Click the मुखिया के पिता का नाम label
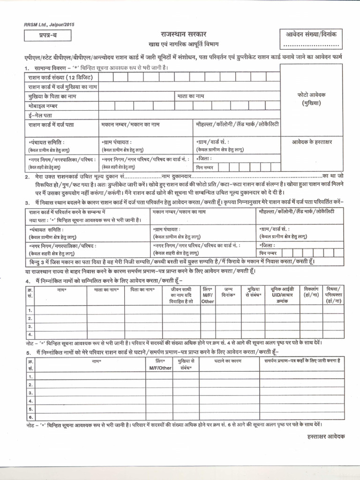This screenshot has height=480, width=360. [52, 96]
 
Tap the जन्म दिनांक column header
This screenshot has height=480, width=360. [228, 293]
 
